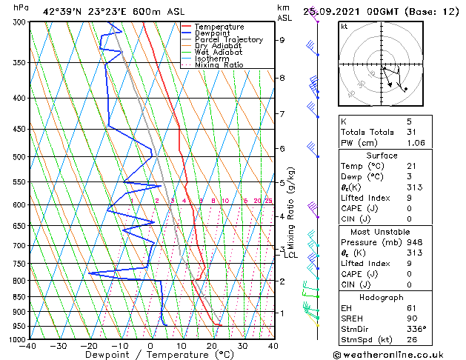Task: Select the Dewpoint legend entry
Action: (213, 33)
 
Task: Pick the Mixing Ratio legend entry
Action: (219, 65)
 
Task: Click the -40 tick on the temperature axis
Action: (29, 346)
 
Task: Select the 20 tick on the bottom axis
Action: (211, 346)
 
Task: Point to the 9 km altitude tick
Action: (282, 40)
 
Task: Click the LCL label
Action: (291, 256)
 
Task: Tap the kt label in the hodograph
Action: (344, 27)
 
